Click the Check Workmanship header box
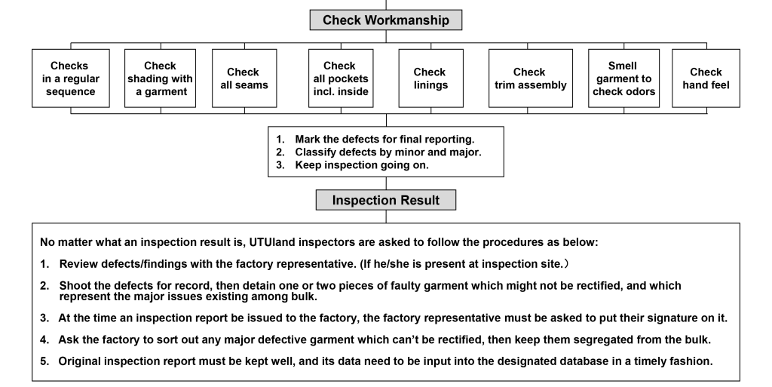[x=385, y=20]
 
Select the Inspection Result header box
[x=385, y=201]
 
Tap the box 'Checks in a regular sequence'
[x=70, y=78]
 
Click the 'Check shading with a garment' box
[x=160, y=78]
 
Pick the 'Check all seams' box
[x=244, y=78]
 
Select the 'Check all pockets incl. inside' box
[x=341, y=78]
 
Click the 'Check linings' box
[x=430, y=78]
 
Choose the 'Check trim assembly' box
[x=530, y=78]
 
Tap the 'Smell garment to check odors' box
[x=623, y=78]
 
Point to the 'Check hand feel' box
[x=706, y=78]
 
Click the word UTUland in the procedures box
[x=273, y=242]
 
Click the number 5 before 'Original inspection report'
[x=44, y=361]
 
